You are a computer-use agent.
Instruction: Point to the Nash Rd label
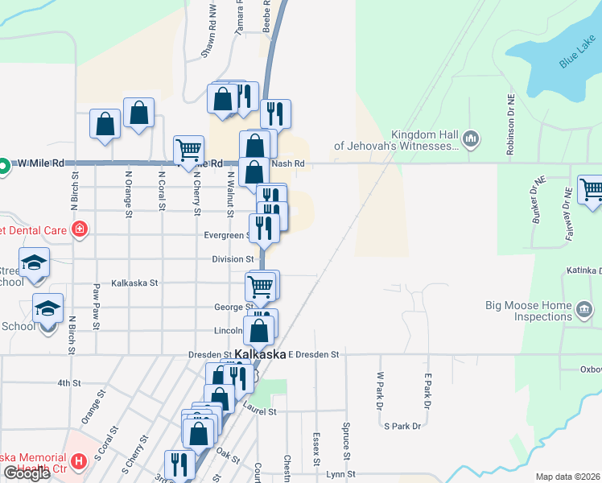coord(289,163)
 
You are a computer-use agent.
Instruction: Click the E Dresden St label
coord(315,354)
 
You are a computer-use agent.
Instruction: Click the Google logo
coord(27,473)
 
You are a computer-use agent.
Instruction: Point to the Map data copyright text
coord(568,477)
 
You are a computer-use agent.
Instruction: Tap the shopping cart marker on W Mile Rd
coord(188,149)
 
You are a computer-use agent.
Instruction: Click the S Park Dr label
coord(402,426)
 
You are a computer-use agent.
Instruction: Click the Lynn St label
coord(336,476)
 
